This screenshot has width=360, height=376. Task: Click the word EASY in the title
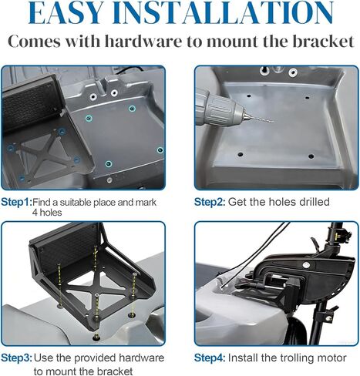click(x=66, y=13)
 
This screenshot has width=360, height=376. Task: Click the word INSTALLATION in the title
click(x=223, y=13)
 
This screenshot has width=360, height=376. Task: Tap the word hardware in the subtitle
click(x=143, y=41)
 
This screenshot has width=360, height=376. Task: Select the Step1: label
click(x=16, y=202)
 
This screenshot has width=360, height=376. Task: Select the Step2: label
click(x=210, y=202)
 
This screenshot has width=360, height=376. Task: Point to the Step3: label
click(x=17, y=358)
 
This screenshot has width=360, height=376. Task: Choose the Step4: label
click(x=210, y=358)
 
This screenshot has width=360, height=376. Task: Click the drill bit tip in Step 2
click(x=273, y=121)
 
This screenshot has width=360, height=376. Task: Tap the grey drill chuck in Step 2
click(x=220, y=107)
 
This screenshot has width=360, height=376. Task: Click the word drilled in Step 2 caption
click(x=315, y=202)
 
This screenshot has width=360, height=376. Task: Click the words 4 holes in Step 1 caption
click(x=47, y=213)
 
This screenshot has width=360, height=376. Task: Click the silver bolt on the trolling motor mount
click(x=305, y=265)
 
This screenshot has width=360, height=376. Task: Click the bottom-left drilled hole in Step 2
click(x=241, y=155)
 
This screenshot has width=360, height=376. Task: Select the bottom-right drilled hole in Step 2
click(x=311, y=156)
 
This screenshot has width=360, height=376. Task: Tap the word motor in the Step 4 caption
click(x=332, y=358)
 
